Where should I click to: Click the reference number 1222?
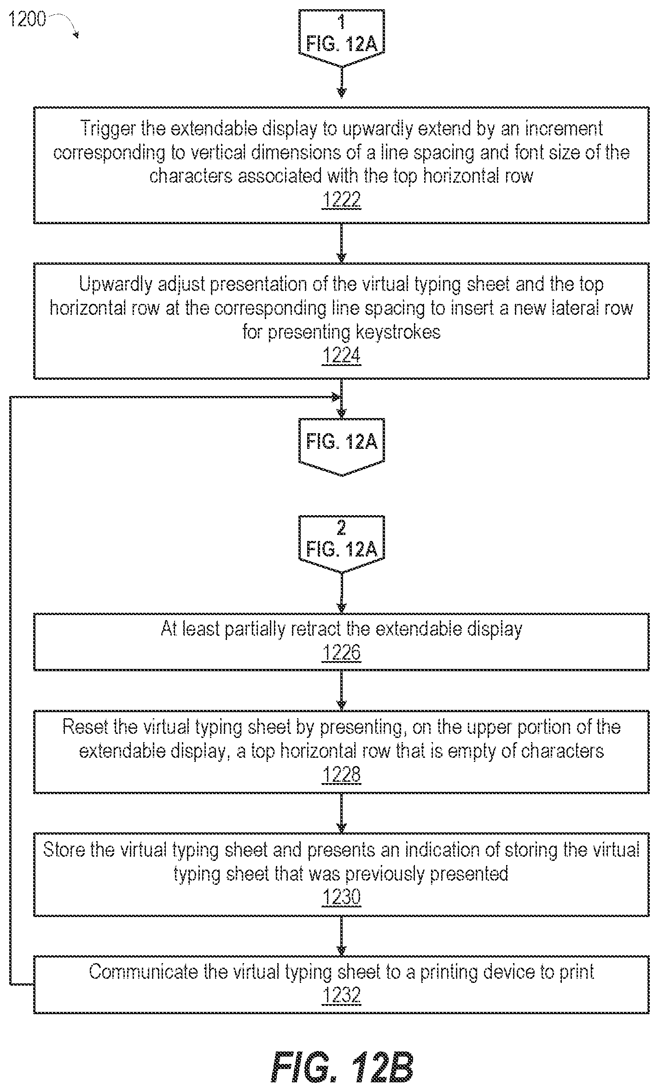(341, 201)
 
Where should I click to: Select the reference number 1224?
(341, 356)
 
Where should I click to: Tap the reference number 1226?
(341, 653)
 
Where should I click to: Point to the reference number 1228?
(341, 775)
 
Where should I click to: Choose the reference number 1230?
(341, 898)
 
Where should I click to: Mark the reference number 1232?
(341, 996)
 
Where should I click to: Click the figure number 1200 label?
(27, 19)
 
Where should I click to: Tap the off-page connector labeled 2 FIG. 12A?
(341, 545)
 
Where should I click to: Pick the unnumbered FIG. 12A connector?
(341, 447)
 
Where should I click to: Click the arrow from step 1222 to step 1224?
(341, 243)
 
